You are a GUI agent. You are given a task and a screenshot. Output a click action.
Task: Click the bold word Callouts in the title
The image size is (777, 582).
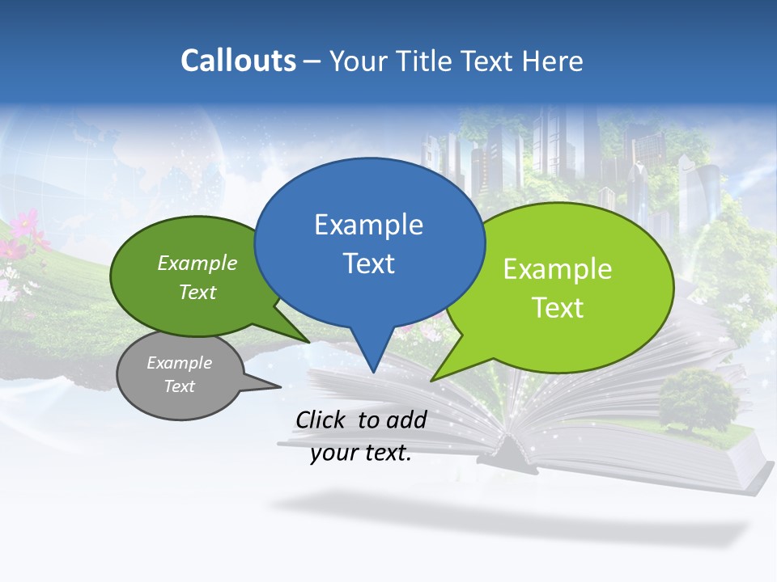coord(238,61)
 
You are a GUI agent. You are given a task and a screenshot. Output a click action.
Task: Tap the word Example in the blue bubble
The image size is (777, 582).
coord(368,225)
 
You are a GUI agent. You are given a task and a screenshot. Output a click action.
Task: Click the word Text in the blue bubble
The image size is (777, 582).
coord(368,264)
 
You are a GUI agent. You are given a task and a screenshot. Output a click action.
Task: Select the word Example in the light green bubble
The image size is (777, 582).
coord(558,269)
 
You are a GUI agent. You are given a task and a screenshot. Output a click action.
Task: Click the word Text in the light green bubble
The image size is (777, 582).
coord(558,308)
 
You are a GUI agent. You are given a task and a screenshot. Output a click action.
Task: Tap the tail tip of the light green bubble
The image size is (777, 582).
coord(431,380)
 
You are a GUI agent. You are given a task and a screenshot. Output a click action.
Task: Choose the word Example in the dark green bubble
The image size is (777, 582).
coord(197,264)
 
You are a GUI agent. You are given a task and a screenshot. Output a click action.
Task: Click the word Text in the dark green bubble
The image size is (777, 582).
coord(197,292)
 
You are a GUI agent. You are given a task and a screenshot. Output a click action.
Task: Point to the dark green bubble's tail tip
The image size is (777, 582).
coord(308,342)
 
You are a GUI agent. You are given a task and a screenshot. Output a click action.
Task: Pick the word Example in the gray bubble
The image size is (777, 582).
coord(179,363)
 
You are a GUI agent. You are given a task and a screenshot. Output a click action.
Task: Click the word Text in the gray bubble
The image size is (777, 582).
coord(179,386)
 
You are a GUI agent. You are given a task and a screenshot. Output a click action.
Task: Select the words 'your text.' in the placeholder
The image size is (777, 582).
coord(361,453)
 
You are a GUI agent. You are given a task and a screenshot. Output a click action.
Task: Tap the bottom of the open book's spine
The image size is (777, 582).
coord(508,463)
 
